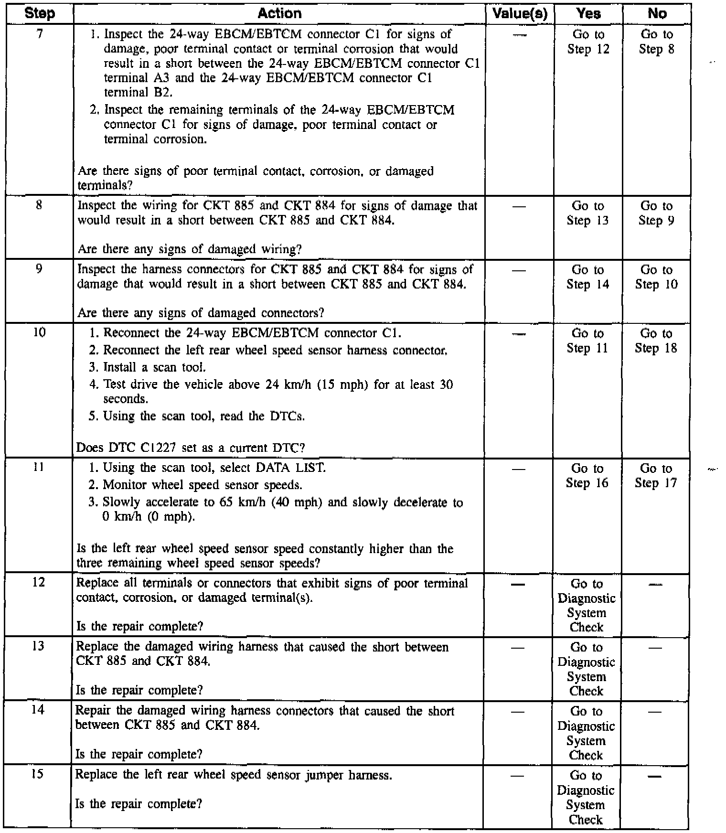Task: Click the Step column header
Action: pos(40,13)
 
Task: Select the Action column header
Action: pos(279,13)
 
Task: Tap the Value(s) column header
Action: pos(520,13)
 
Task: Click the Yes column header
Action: pos(588,13)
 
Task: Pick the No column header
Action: pos(657,13)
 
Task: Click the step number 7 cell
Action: pos(40,34)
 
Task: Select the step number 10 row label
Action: pos(39,332)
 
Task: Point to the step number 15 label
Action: pos(37,774)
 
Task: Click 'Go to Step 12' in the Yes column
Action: pos(588,42)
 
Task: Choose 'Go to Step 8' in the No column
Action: pos(657,42)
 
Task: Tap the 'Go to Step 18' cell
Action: pos(656,341)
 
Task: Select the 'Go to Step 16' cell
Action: pos(587,476)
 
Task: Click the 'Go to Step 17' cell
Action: pos(656,476)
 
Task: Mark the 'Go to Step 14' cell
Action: pos(588,277)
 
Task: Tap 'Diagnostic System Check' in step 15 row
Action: pos(586,798)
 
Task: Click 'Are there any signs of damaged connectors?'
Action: pos(201,313)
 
